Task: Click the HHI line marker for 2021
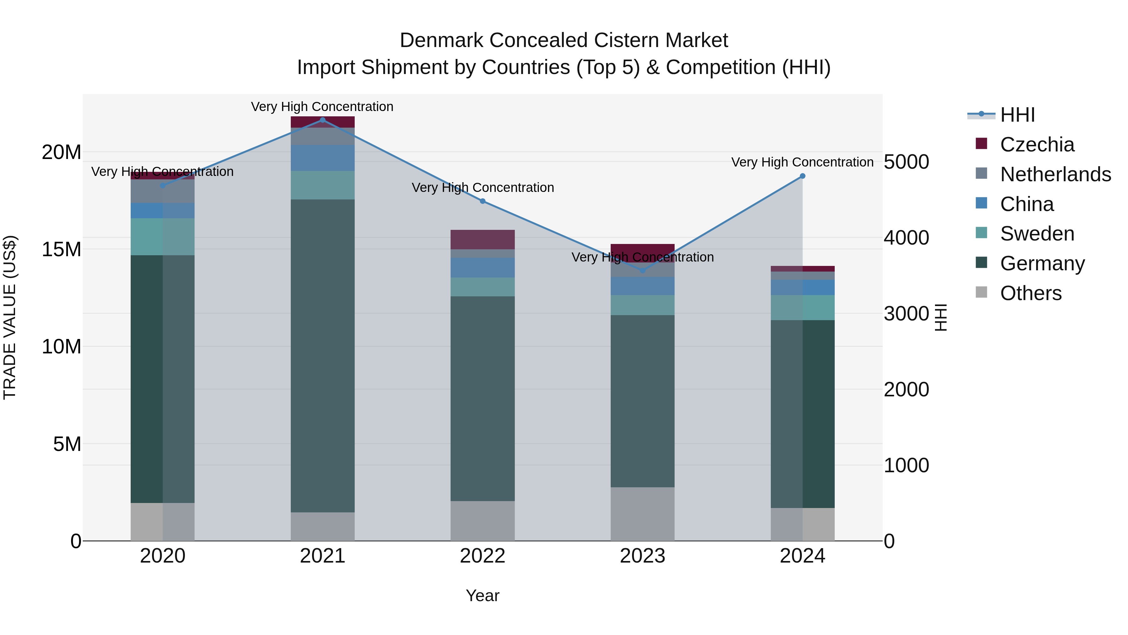coord(323,120)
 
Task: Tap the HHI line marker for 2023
coord(642,270)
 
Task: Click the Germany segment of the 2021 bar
coord(323,355)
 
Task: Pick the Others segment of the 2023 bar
coord(642,514)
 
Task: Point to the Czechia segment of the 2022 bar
coord(483,239)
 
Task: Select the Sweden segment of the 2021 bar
coord(323,185)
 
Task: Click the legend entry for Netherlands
coord(1055,174)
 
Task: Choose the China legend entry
coord(1026,204)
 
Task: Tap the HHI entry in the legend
coord(1017,115)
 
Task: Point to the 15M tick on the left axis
coord(61,249)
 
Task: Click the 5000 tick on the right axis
coord(906,162)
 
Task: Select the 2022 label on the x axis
coord(483,556)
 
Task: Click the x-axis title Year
coord(483,595)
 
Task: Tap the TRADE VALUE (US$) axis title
coord(10,317)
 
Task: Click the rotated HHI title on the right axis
coord(941,317)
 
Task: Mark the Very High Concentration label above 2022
coord(483,188)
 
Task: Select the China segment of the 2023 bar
coord(642,286)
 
